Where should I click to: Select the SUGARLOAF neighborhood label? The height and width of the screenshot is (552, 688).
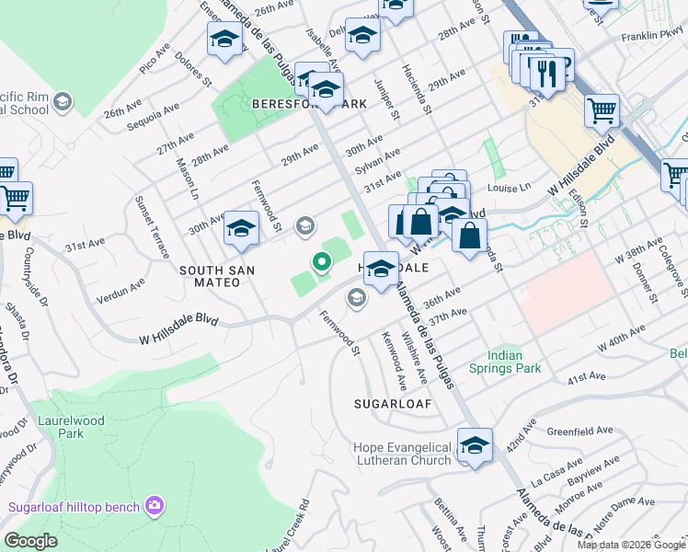387,404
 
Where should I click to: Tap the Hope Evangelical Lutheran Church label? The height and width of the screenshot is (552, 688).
403,454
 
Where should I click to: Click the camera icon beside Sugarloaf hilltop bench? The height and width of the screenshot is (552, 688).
154,505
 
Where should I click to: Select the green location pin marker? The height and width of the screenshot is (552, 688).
322,263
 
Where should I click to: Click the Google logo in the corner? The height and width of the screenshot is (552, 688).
31,541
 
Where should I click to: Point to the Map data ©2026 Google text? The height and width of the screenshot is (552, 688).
630,545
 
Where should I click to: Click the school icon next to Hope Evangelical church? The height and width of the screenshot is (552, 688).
475,446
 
